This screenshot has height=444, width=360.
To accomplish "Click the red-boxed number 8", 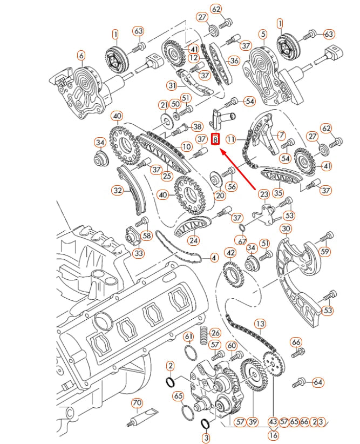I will coord(215,139).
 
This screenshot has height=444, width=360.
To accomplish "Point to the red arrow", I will coord(237,169).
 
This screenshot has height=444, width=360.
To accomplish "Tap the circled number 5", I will coord(262,34).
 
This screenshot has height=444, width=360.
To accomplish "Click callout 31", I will coord(172,85).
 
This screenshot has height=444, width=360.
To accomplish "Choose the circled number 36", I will coord(234,61).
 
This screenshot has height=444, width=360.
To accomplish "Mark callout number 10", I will coord(186,146).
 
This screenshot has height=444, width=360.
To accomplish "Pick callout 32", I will coord(117,190).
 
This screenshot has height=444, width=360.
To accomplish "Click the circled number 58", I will coord(147,236).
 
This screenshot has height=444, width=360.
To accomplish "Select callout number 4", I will coord(214,258).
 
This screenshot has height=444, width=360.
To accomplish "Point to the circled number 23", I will coord(263,194).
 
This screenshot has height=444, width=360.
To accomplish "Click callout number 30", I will coord(286,228).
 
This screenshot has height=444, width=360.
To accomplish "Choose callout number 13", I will coord(260,324).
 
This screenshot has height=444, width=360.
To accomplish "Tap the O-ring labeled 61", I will coord(191,353).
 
